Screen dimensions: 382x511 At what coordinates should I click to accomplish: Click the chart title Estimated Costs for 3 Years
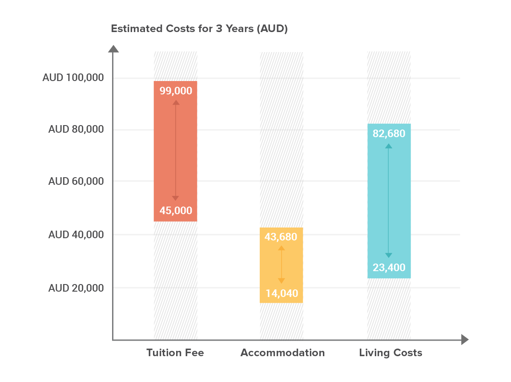pos(199,29)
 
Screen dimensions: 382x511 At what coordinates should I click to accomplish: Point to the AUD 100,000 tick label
pos(73,78)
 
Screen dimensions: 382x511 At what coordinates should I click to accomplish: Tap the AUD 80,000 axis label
pos(76,130)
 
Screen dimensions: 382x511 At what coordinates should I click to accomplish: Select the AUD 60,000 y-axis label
pos(76,181)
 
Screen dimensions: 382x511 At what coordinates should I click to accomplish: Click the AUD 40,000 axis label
pos(76,235)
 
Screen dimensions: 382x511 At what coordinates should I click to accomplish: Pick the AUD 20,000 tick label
pos(76,288)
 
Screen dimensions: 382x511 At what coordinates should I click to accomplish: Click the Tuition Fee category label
pos(175,353)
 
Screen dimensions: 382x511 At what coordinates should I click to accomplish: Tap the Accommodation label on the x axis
pos(282,353)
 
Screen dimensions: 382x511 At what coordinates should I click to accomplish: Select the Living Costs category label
pos(390,353)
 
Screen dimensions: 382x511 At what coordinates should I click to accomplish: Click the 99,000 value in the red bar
pos(176,91)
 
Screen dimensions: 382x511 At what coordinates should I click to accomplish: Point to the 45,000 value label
pos(176,211)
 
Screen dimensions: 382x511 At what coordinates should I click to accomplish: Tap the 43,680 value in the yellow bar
pos(281,237)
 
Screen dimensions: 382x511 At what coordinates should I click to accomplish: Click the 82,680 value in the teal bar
pos(389,133)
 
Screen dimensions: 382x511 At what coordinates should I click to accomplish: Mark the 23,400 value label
pos(389,268)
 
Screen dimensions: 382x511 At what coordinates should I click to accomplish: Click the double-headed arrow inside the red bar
pos(176,150)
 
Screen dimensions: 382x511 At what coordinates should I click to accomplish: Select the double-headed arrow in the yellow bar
pos(281,264)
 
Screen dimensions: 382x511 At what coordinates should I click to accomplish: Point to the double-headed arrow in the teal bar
pos(389,200)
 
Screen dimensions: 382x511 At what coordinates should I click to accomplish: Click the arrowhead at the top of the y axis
pos(113,49)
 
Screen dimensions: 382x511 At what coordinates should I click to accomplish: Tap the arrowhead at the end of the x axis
pos(465,340)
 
